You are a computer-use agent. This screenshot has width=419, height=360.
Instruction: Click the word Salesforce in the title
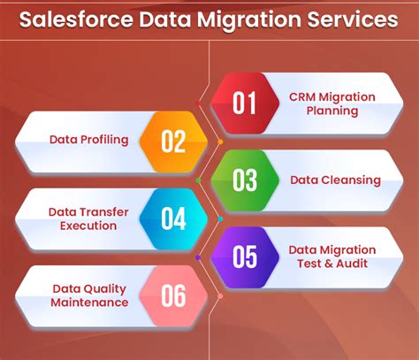[80, 19]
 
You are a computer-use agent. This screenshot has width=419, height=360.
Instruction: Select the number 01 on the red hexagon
[244, 103]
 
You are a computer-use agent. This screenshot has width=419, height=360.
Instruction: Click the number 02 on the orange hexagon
[173, 142]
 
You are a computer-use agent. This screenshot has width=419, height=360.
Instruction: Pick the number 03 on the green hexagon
[244, 180]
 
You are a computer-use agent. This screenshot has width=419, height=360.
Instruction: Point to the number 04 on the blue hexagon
[173, 218]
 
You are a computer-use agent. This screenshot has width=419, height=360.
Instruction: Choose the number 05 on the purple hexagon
[244, 257]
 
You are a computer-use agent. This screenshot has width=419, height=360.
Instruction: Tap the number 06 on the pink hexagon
[173, 295]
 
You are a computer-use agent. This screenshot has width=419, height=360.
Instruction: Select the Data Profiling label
[88, 140]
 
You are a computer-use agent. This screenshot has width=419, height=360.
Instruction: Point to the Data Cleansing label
[335, 180]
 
